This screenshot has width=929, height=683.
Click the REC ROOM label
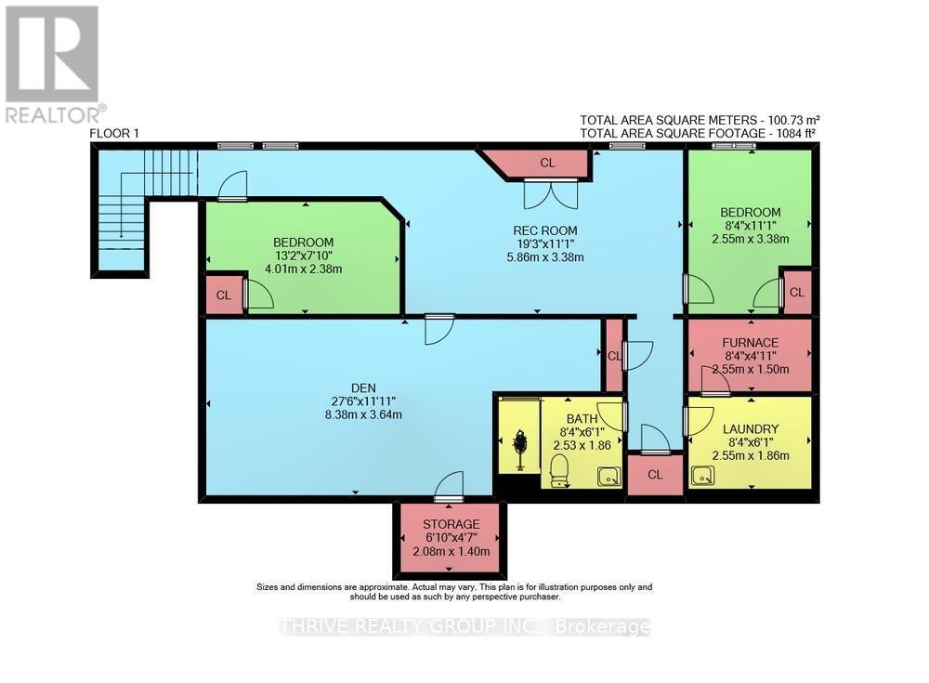[545, 230]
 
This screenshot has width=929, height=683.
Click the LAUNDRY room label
[750, 428]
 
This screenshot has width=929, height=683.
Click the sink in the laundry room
[703, 475]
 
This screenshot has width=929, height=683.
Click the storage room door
[449, 486]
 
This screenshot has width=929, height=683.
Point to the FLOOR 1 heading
[114, 134]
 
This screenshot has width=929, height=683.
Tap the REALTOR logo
[53, 63]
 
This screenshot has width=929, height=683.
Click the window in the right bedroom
[740, 146]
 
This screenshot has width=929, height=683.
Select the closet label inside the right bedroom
[797, 292]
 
